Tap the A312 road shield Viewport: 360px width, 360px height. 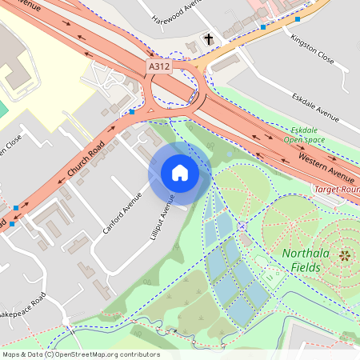pos(158,67)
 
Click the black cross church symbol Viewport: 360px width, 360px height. pos(209,38)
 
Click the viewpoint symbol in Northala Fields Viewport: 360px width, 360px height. pos(345,256)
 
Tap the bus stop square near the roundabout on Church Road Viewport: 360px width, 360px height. pos(132,113)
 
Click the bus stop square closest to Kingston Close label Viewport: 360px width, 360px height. pos(298,18)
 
